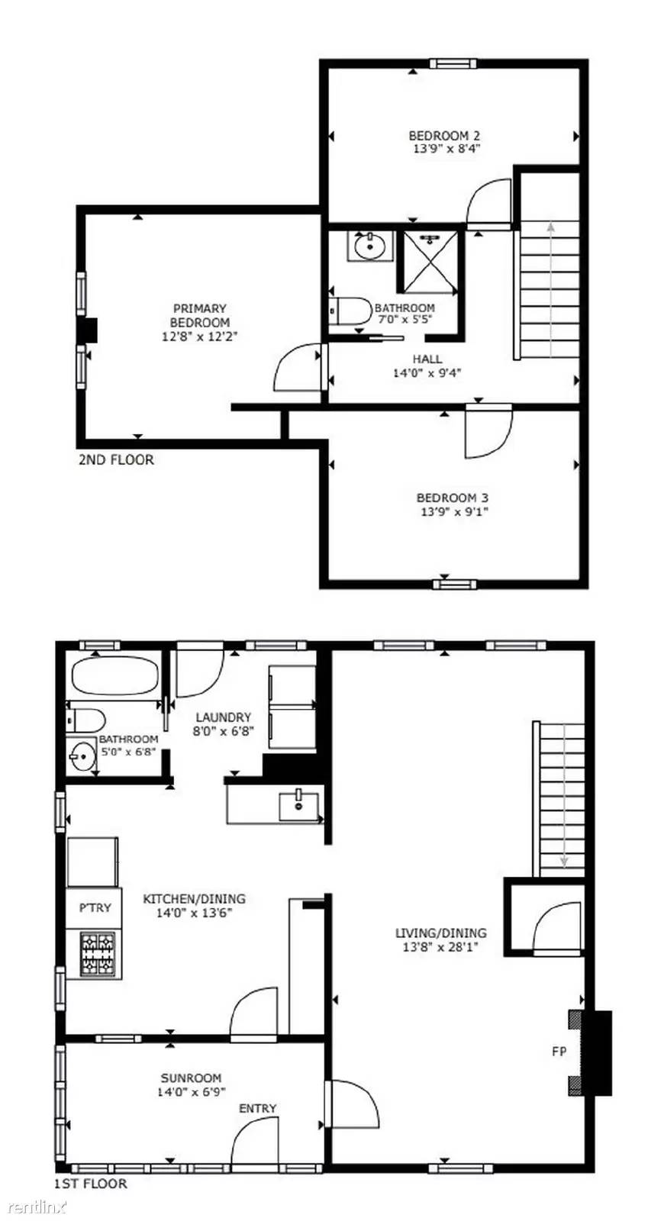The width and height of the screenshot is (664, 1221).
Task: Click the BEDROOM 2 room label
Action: [443, 136]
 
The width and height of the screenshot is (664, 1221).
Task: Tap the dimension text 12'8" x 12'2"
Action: [200, 336]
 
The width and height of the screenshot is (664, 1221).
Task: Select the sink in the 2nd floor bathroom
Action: [370, 246]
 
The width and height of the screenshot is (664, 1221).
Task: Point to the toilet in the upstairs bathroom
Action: [350, 311]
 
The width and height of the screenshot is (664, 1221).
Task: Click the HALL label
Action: [427, 359]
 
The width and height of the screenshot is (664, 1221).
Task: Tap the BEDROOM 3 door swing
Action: [486, 432]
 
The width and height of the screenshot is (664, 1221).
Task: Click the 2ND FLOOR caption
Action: [116, 459]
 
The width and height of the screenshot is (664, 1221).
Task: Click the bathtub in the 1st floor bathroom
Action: [114, 675]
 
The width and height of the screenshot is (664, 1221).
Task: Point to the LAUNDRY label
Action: [223, 717]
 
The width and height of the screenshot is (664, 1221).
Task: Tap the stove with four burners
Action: [99, 954]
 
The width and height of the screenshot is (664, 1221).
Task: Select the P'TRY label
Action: [95, 907]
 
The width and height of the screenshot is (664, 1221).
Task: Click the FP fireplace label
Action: [559, 1052]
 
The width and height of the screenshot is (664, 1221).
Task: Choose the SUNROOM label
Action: [191, 1078]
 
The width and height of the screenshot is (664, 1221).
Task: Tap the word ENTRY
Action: [257, 1108]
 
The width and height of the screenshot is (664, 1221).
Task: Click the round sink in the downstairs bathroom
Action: [82, 758]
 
